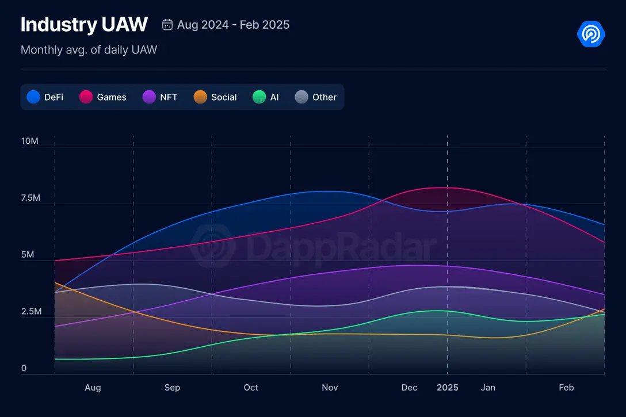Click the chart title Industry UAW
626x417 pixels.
(84, 25)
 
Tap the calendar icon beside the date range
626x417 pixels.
(167, 24)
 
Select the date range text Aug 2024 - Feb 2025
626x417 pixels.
(233, 25)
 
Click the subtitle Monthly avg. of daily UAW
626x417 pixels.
(89, 50)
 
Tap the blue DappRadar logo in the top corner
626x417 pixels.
(591, 34)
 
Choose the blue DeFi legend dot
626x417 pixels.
(34, 97)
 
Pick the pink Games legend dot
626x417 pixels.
(86, 97)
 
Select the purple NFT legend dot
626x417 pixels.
(150, 97)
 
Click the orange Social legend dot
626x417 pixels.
(200, 97)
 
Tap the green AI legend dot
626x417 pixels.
(259, 97)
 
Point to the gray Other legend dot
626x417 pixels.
(302, 97)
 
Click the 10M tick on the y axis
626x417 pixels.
(29, 141)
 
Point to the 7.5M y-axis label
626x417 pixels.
(29, 198)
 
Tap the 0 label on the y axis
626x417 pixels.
(24, 368)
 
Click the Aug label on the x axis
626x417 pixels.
(93, 388)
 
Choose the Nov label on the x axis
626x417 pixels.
(330, 388)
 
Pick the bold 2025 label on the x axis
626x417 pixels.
(448, 388)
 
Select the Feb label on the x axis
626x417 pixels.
(566, 388)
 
